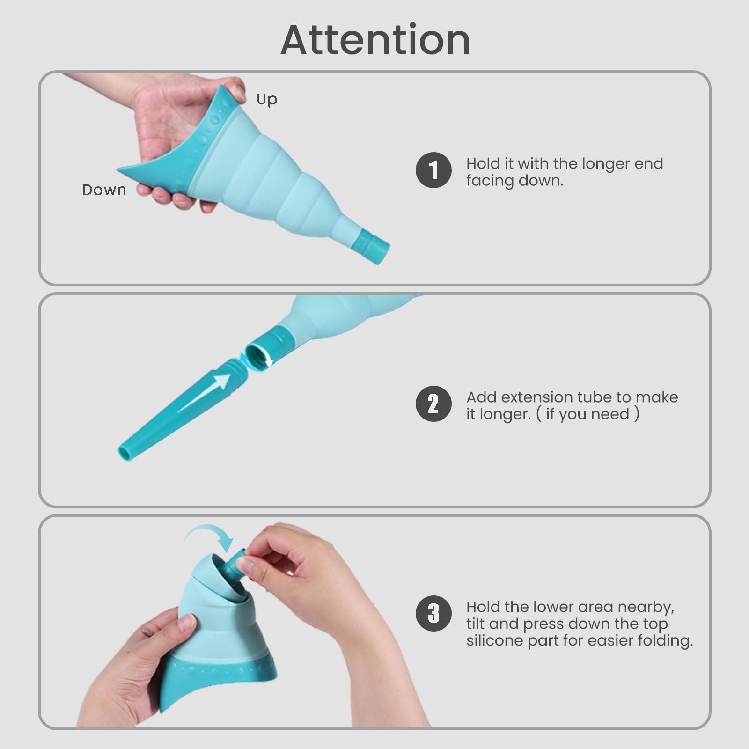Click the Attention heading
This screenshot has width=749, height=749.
click(375, 40)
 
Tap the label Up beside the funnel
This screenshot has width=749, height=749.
click(267, 99)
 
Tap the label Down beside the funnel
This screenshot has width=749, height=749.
click(104, 190)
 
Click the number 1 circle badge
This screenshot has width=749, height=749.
click(433, 170)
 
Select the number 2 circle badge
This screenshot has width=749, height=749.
click(433, 404)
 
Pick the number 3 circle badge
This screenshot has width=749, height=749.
click(433, 613)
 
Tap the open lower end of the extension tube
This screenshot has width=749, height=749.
click(125, 452)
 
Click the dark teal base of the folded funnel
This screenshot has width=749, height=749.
click(220, 683)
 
